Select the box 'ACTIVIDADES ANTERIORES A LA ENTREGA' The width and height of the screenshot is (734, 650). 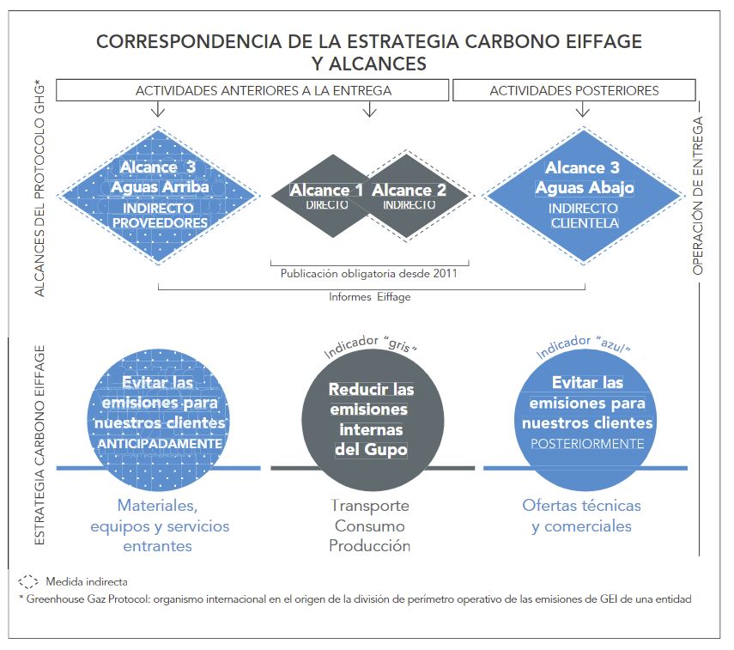pyautogui.click(x=252, y=90)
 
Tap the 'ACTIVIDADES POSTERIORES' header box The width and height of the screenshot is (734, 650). pyautogui.click(x=574, y=90)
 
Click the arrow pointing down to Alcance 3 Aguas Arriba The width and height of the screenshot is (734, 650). pyautogui.click(x=158, y=110)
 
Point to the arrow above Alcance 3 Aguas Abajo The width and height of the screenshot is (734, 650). pyautogui.click(x=582, y=110)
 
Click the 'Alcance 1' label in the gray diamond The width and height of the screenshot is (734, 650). pyautogui.click(x=326, y=190)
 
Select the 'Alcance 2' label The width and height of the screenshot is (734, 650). pyautogui.click(x=409, y=190)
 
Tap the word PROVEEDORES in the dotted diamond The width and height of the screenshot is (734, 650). pyautogui.click(x=160, y=223)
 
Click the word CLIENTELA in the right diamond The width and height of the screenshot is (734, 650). pyautogui.click(x=585, y=223)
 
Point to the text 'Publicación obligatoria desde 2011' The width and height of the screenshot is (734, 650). pyautogui.click(x=369, y=274)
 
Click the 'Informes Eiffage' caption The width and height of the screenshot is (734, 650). pyautogui.click(x=369, y=297)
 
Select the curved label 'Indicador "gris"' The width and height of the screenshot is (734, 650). pyautogui.click(x=370, y=345)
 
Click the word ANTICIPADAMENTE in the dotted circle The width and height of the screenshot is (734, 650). pyautogui.click(x=160, y=443)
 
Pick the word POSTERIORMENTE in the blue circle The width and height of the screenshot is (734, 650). pyautogui.click(x=587, y=443)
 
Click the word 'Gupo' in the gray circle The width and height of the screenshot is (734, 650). pyautogui.click(x=385, y=450)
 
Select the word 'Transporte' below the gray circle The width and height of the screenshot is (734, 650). pyautogui.click(x=370, y=506)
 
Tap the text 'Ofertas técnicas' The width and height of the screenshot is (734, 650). pyautogui.click(x=581, y=506)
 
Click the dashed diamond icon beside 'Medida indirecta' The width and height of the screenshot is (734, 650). pyautogui.click(x=28, y=581)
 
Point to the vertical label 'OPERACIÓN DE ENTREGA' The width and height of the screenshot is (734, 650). pyautogui.click(x=698, y=196)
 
